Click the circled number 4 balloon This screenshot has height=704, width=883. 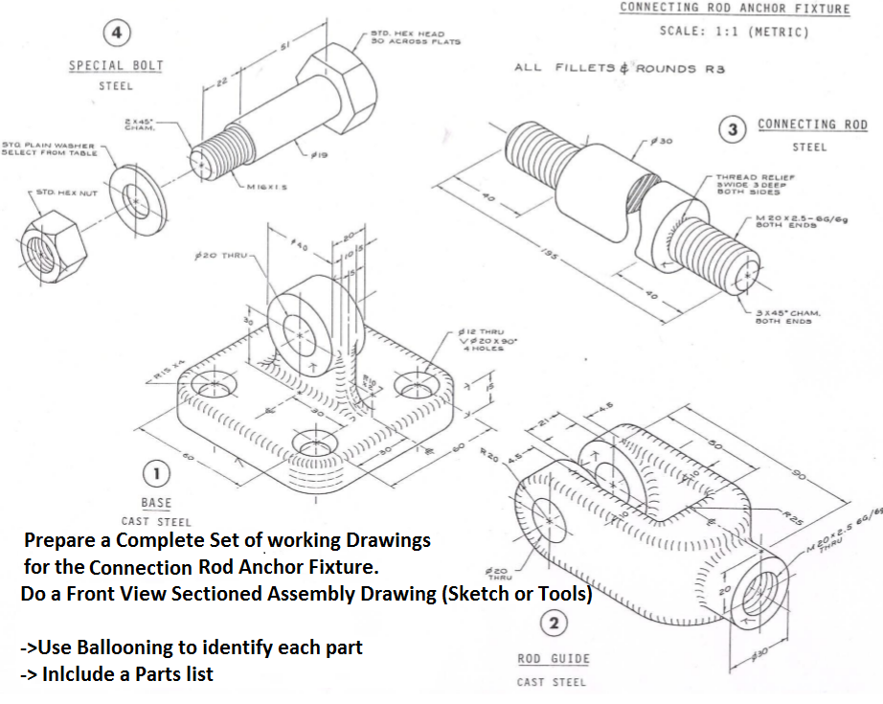[117, 33]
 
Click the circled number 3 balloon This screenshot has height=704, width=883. [733, 129]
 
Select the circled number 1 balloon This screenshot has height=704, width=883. [156, 472]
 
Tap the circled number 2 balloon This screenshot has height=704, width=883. [553, 625]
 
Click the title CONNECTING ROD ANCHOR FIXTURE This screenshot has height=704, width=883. [735, 9]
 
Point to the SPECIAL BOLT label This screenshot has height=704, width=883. [116, 66]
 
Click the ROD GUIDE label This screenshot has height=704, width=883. [554, 659]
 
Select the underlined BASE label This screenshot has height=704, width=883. [156, 503]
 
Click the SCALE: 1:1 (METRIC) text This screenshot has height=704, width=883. [734, 32]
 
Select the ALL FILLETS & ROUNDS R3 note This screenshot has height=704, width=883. [620, 68]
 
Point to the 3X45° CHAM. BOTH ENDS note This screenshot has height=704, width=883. [781, 317]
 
